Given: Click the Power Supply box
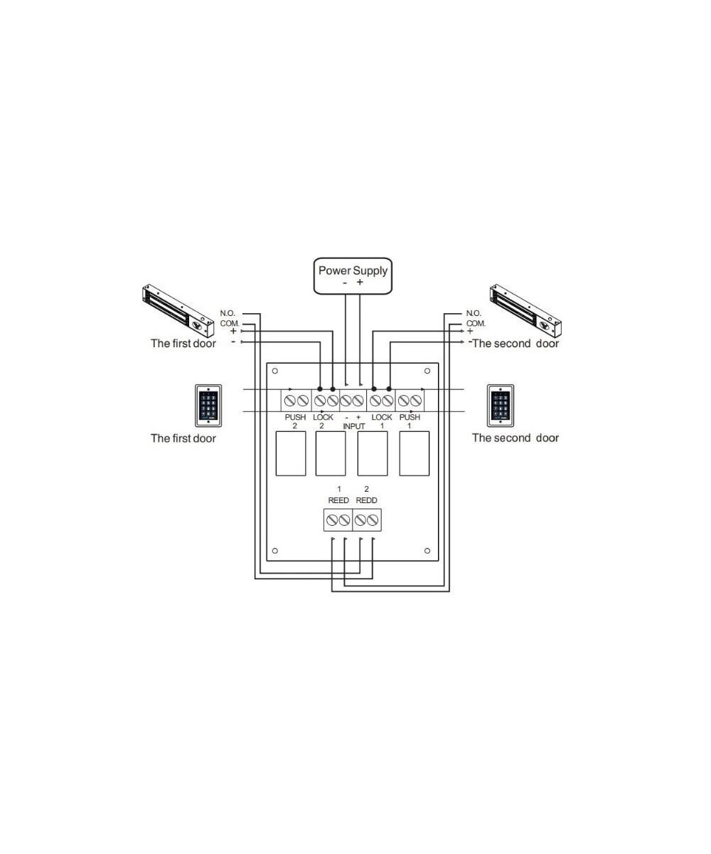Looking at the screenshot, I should coord(353,275).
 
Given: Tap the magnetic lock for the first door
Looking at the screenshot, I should coord(178,311).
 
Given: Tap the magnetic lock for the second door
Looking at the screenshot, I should coord(525,311).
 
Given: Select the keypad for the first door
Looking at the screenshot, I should coord(208,405).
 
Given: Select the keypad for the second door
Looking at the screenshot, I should coord(501,405).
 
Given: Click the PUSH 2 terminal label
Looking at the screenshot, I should coord(295,421).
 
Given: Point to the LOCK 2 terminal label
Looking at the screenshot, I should coord(323,421).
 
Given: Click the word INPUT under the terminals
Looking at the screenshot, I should coord(353,426).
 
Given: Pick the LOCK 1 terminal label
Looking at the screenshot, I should coord(382,421).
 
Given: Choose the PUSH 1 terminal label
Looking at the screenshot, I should coord(410,421).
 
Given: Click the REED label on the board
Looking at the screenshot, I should coord(338,500).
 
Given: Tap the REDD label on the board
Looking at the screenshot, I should coord(366,500).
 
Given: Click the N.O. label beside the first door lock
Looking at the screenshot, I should coord(228,313).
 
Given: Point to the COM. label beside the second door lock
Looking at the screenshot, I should coord(476,323).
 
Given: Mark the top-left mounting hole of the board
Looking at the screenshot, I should coord(275,371).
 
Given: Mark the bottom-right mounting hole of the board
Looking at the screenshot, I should coord(427,550).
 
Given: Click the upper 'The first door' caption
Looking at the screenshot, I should coord(183,344).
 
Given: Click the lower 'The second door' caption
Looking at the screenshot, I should coord(515,438).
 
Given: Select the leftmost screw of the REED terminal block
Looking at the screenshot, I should coord(332,521).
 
